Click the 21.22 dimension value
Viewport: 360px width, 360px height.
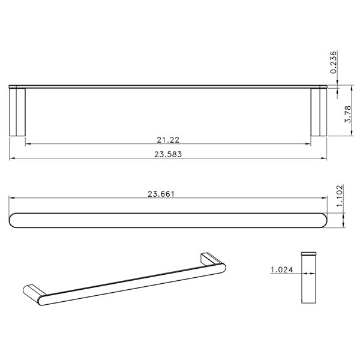169,139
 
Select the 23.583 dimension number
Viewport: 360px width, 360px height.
169,154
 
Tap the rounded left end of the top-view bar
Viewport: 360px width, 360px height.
15,220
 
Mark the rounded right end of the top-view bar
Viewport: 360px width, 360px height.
321,220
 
